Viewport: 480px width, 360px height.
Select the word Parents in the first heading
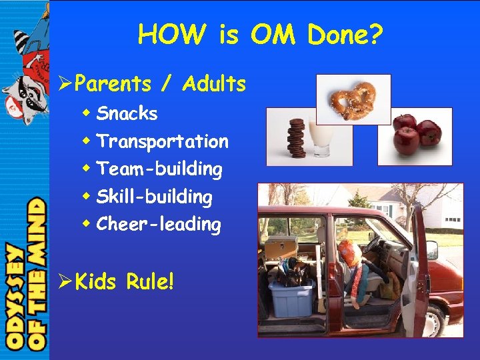[113, 84]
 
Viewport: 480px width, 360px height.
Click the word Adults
[214, 84]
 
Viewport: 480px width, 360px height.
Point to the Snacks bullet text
[127, 114]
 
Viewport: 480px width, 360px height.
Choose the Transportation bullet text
[162, 141]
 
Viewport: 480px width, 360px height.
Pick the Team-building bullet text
[159, 169]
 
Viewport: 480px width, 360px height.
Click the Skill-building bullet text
[154, 197]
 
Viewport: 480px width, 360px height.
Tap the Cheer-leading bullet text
[158, 225]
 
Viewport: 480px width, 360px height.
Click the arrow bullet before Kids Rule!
[64, 281]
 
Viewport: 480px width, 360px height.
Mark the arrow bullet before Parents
[64, 85]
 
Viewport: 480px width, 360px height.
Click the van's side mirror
[432, 249]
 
